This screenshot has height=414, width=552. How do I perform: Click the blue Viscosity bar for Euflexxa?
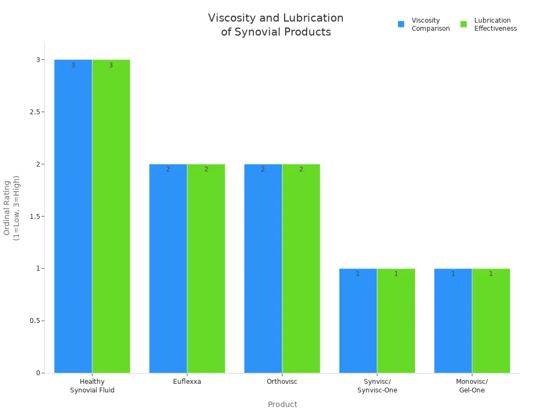click(x=168, y=270)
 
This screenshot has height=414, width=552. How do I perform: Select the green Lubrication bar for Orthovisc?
click(x=301, y=270)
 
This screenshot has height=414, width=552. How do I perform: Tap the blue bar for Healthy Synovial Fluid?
click(x=73, y=216)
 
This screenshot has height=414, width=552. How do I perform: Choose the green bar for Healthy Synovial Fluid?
click(x=111, y=216)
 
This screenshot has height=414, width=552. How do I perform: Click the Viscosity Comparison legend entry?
click(x=424, y=24)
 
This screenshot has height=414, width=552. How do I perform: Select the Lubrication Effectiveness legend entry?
click(x=488, y=24)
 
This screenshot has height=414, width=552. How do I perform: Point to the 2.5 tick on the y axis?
click(x=36, y=112)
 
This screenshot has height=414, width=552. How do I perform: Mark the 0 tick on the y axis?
click(x=38, y=373)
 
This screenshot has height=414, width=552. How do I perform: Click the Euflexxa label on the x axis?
click(x=187, y=382)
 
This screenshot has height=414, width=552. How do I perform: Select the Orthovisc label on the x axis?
click(x=282, y=382)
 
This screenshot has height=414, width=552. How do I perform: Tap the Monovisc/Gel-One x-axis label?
click(x=472, y=386)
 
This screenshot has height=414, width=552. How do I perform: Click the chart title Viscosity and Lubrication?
click(x=275, y=25)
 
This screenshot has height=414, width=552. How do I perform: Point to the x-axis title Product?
click(x=282, y=404)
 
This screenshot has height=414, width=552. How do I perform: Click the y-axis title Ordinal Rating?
click(x=11, y=208)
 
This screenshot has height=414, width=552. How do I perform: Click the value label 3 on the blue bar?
click(x=73, y=65)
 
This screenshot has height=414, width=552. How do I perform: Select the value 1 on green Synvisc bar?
click(x=396, y=274)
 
